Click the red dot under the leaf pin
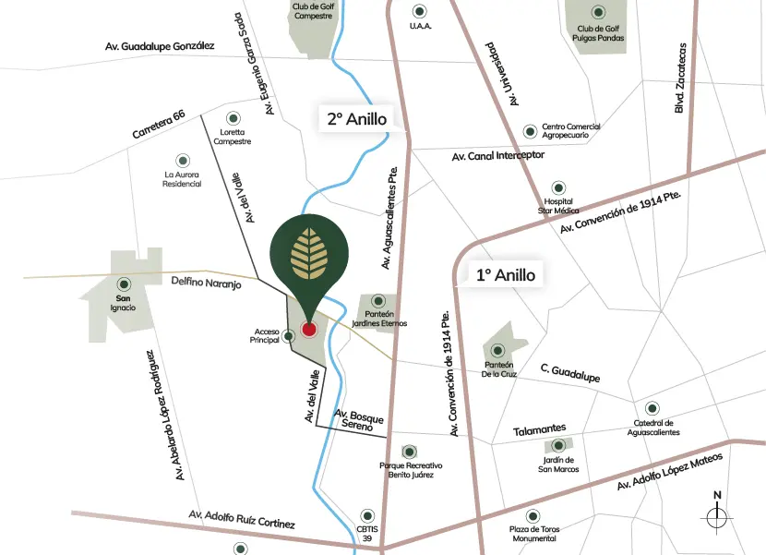309,329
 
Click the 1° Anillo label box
506,274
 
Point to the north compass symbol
717,515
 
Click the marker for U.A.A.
420,11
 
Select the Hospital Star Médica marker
557,187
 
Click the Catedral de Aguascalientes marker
652,407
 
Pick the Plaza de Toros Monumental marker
530,515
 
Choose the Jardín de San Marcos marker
557,445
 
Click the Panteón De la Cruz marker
497,350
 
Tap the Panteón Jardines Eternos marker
378,301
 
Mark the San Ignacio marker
123,284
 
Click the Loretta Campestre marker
232,117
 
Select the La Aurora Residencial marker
182,159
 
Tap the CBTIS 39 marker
367,514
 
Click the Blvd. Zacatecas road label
680,78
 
